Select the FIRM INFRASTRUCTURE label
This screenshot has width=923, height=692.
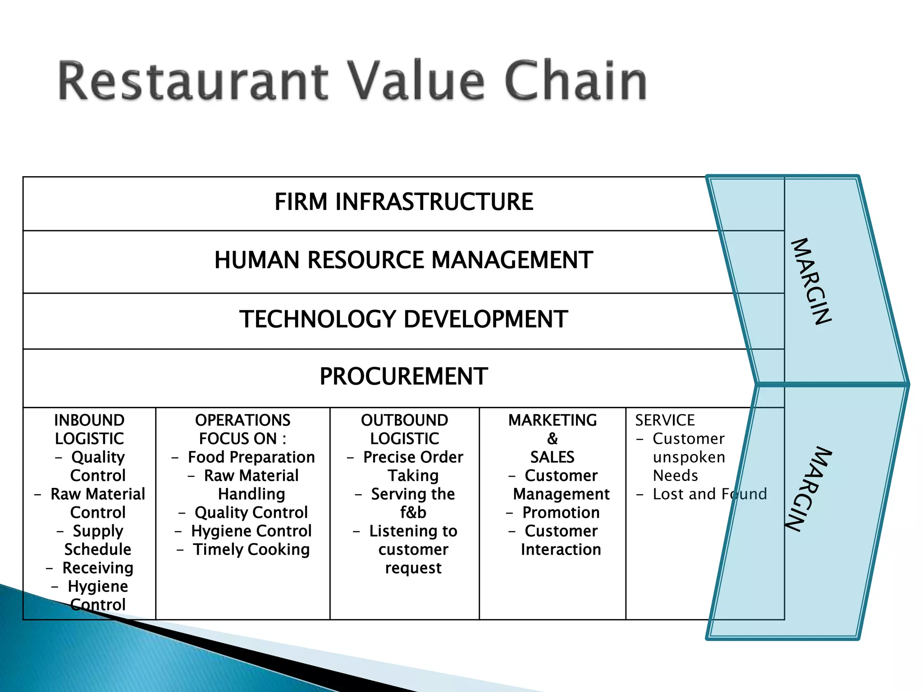tap(404, 201)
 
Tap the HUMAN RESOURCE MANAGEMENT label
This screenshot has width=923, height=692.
tap(404, 260)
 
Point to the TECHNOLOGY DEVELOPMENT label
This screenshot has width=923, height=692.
tap(404, 319)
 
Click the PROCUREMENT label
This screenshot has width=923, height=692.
tap(404, 376)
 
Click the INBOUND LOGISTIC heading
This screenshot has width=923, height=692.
tap(89, 429)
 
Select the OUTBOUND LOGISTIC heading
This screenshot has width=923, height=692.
tap(405, 429)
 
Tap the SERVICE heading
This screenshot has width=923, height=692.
tap(665, 420)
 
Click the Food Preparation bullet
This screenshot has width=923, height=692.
tap(251, 457)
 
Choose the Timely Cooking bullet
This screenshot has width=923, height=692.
tap(251, 550)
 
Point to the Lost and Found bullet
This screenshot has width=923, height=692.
tap(709, 494)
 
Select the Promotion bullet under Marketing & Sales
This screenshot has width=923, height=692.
tap(561, 513)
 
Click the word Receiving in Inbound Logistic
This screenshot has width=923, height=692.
tap(98, 568)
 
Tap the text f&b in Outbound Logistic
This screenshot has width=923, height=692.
tap(413, 513)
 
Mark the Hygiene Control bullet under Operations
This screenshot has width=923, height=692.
tap(251, 531)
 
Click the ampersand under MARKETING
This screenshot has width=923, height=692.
tap(553, 439)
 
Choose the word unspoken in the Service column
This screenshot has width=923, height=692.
tap(689, 457)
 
